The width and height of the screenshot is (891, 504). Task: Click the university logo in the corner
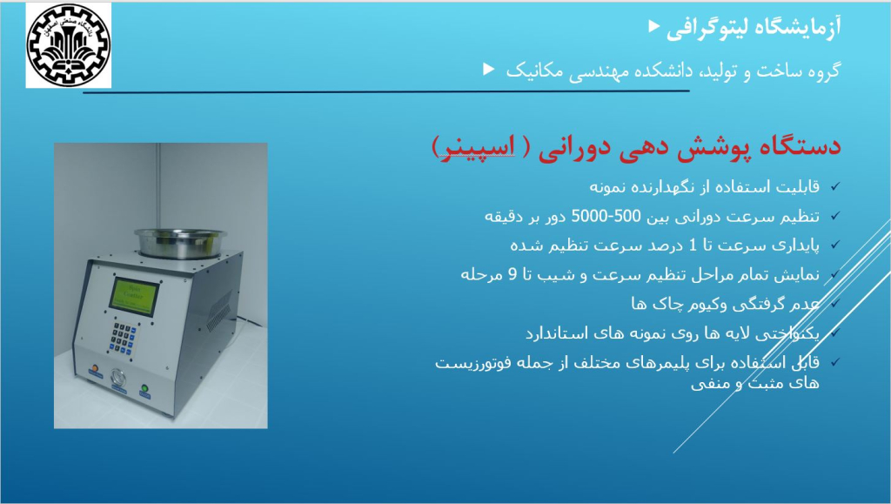(x=68, y=45)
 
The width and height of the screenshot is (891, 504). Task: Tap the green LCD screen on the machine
(x=134, y=296)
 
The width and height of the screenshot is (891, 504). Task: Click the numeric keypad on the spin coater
(x=124, y=339)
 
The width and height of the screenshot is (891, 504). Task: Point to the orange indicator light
(x=95, y=369)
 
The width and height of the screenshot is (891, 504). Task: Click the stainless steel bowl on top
(x=180, y=243)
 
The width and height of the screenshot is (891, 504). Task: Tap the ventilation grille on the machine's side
(x=218, y=310)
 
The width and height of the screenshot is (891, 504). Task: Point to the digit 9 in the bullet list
(x=512, y=274)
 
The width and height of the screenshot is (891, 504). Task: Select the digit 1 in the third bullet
(x=692, y=245)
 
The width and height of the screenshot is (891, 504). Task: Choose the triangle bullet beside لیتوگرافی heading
(x=654, y=25)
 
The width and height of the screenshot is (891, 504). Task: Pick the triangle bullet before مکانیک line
(x=489, y=69)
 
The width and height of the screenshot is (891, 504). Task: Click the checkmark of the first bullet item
(x=835, y=185)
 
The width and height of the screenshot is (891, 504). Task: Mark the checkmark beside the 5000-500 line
(x=835, y=215)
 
